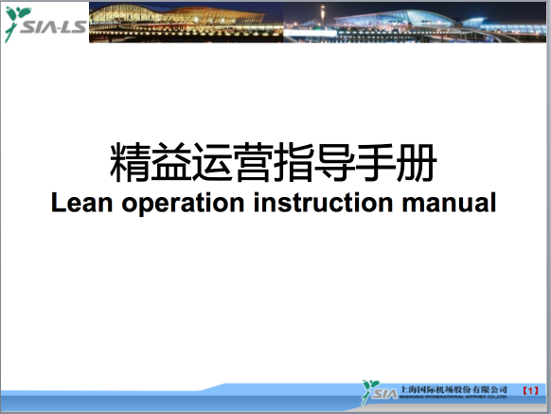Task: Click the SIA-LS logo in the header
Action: (44, 23)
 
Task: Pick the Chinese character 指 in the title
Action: (294, 164)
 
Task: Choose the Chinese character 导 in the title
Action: (335, 164)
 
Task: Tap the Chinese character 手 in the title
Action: (376, 164)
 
